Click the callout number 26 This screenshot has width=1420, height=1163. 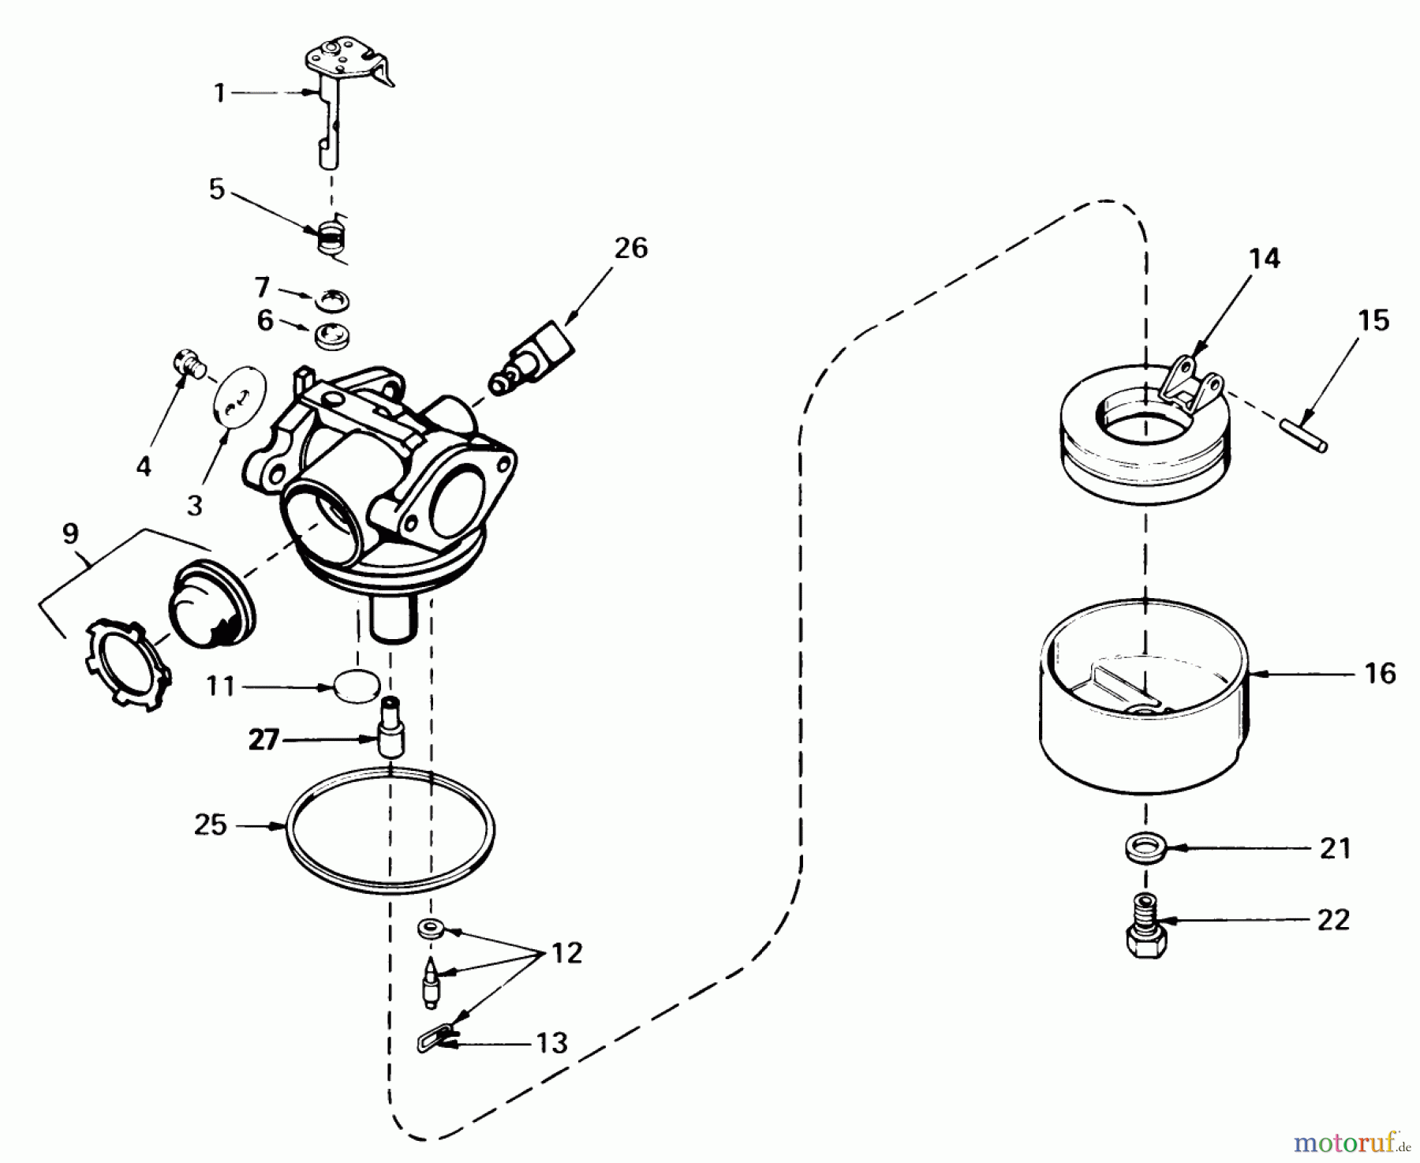[x=630, y=249]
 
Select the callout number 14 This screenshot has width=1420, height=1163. [x=1265, y=258]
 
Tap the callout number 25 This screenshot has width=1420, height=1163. [x=211, y=825]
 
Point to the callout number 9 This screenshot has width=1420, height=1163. [x=70, y=534]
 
